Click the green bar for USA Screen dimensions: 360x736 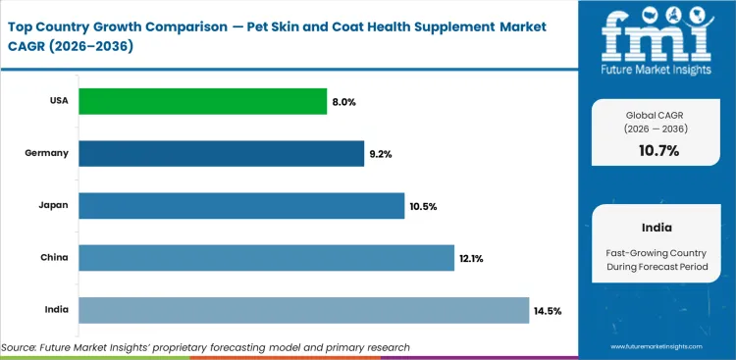pyautogui.click(x=202, y=101)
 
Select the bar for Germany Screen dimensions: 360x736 pyautogui.click(x=221, y=153)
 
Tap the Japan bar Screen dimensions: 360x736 pyautogui.click(x=240, y=206)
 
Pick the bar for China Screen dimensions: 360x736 pyautogui.click(x=266, y=258)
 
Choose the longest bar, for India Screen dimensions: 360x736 pyautogui.click(x=303, y=310)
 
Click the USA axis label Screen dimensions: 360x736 pyautogui.click(x=57, y=101)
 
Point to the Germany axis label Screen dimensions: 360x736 pyautogui.click(x=48, y=153)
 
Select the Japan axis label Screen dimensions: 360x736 pyautogui.click(x=54, y=206)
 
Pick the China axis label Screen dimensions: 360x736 pyautogui.click(x=54, y=258)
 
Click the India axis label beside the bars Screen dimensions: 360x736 pyautogui.click(x=56, y=310)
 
